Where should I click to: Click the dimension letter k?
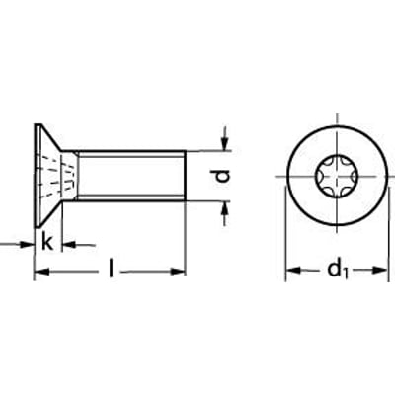point(46,240)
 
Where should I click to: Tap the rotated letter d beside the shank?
point(223,177)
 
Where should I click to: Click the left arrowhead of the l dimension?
point(40,274)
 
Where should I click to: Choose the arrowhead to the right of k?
point(67,241)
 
